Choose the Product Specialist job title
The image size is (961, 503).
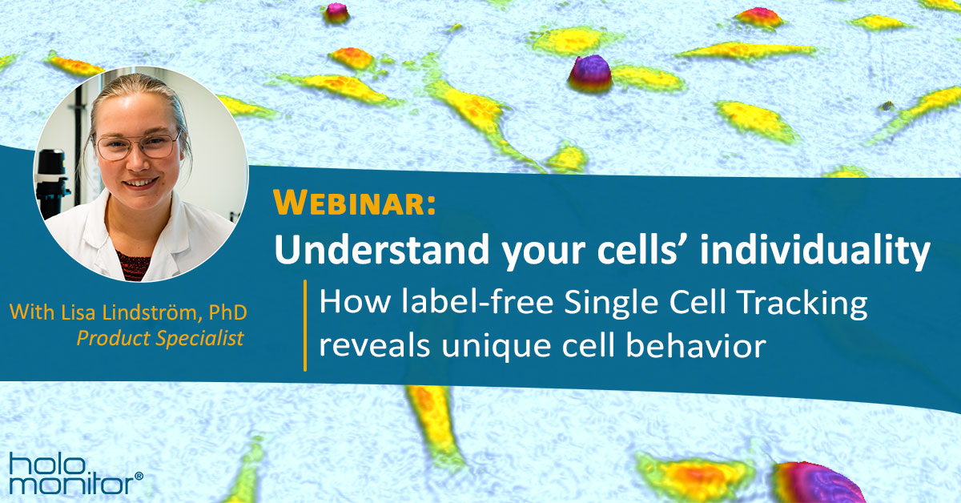pyautogui.click(x=159, y=339)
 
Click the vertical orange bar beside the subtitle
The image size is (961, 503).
pyautogui.click(x=305, y=325)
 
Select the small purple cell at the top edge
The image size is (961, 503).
pyautogui.click(x=336, y=11)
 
